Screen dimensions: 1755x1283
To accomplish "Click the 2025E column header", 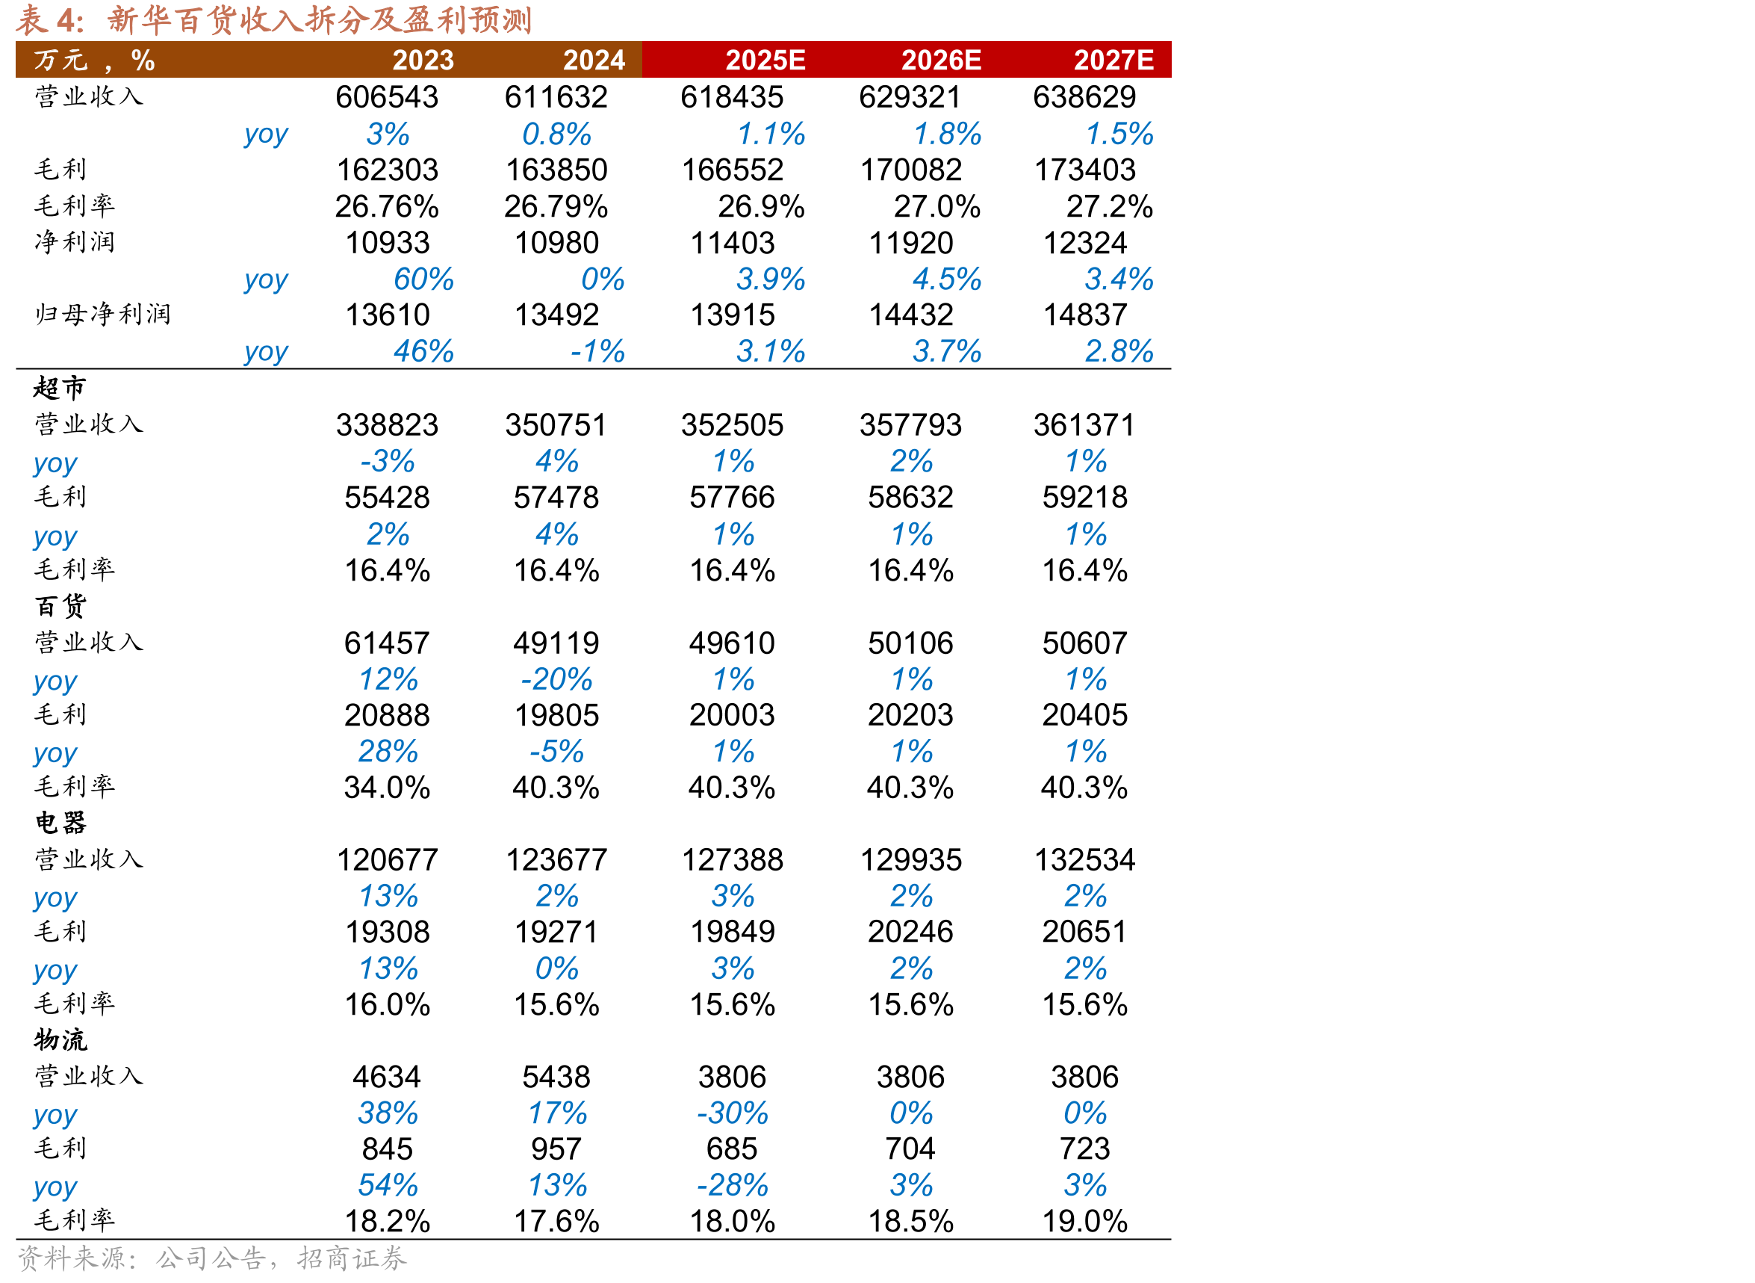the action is tap(765, 60).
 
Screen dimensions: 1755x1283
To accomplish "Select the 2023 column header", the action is tap(423, 60).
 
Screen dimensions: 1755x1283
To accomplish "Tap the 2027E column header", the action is tap(1113, 60).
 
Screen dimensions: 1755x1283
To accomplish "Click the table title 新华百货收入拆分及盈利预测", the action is tap(319, 20).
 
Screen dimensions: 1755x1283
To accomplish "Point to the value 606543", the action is tap(387, 97).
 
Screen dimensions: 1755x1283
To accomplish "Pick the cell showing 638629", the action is tap(1084, 97).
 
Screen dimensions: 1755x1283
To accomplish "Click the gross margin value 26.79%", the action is tap(556, 206).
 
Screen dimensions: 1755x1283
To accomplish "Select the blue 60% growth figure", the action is tap(423, 279).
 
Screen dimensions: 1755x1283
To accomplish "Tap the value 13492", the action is tap(556, 315).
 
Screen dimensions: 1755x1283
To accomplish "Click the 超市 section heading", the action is tap(60, 388).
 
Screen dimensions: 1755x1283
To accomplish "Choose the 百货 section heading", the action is tap(60, 606).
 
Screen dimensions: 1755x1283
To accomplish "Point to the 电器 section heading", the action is tap(60, 823).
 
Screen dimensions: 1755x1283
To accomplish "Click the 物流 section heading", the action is tap(60, 1039).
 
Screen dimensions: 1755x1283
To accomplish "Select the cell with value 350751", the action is tap(556, 425).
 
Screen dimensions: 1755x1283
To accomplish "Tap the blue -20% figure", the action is tap(556, 679).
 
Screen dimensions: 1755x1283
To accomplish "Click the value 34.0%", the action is tap(387, 788).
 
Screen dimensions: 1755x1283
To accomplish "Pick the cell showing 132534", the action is tap(1084, 860).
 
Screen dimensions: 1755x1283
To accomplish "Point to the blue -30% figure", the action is tap(732, 1113).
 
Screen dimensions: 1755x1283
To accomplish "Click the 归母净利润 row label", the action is tap(102, 315).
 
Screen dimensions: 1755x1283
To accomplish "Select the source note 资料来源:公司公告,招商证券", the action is tap(212, 1258).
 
